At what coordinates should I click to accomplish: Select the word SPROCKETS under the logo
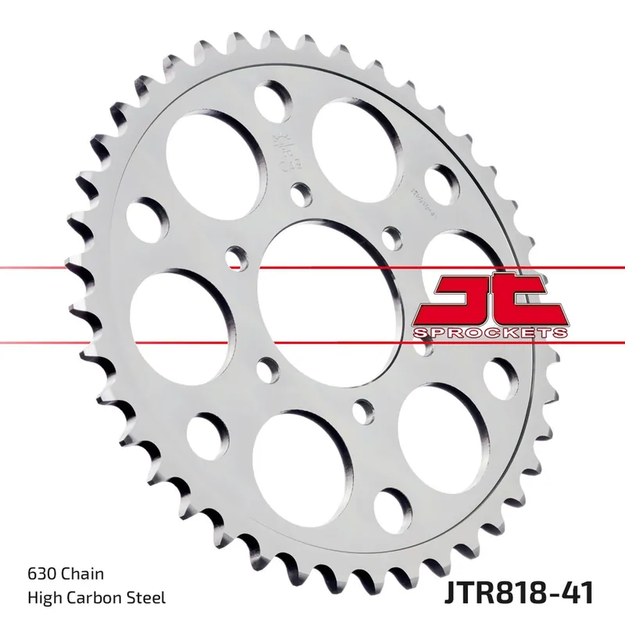[488, 334]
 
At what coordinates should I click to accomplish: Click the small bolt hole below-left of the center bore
[266, 365]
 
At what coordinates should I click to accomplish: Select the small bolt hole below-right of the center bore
[361, 409]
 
